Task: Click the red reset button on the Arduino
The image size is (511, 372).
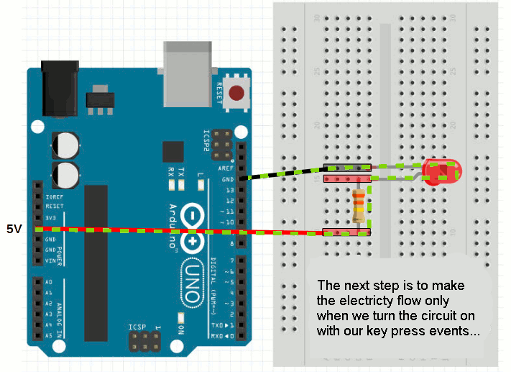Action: point(236,94)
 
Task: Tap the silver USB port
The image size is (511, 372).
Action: point(188,71)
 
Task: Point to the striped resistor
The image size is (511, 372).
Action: point(358,205)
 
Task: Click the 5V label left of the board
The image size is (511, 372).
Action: point(14,229)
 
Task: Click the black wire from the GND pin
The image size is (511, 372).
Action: point(280,173)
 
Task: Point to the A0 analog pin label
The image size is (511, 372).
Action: point(48,282)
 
